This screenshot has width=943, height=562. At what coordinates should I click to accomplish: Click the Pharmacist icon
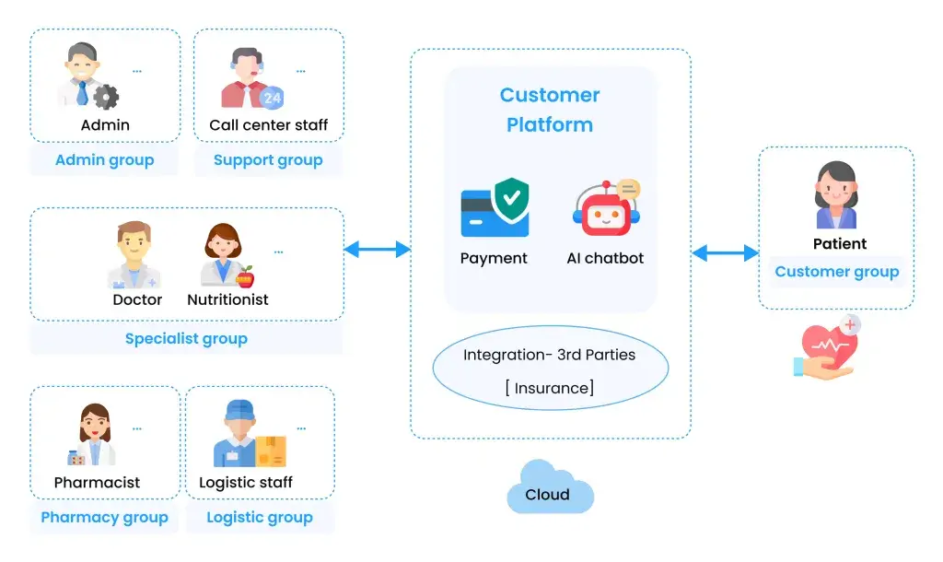[x=95, y=437]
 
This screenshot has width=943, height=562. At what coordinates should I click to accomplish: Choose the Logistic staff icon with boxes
[x=246, y=437]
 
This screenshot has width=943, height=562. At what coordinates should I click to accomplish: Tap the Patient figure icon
[x=836, y=196]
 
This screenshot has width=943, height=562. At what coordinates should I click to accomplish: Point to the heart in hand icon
[x=827, y=347]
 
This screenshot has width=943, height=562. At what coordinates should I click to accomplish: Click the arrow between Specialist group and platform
[x=377, y=249]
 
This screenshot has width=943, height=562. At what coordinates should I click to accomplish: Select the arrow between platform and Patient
[x=725, y=252]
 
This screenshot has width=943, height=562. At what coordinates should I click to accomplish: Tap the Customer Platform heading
[x=550, y=110]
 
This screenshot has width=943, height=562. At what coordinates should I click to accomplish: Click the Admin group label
[x=104, y=160]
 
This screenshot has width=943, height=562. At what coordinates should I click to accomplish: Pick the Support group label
[x=268, y=160]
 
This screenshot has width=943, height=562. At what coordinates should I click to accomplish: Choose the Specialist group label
[x=186, y=338]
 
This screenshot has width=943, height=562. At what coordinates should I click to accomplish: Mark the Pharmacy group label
[x=104, y=518]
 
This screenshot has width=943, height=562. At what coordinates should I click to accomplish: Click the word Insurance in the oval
[x=550, y=388]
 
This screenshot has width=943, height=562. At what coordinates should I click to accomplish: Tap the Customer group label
[x=836, y=272]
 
